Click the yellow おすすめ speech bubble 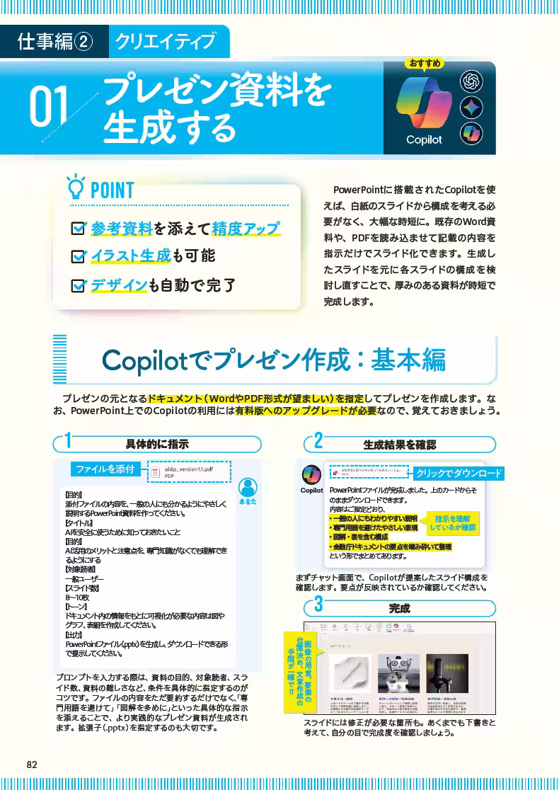click(425, 64)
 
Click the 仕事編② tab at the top click(54, 42)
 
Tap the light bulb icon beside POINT click(74, 189)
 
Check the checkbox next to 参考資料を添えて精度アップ click(79, 229)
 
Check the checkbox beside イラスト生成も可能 click(79, 256)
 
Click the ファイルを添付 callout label click(105, 469)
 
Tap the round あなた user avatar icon click(248, 487)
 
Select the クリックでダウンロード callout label click(458, 473)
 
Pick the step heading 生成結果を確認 click(400, 445)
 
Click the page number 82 click(31, 764)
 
